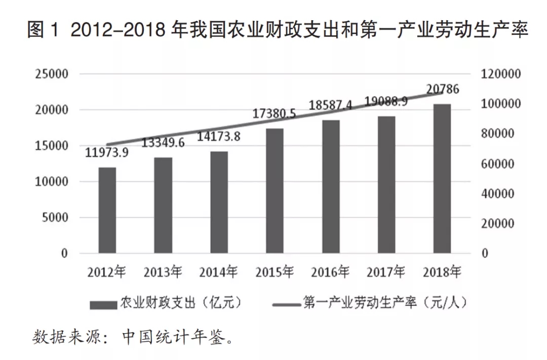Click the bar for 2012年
click(107, 210)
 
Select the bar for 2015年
click(275, 191)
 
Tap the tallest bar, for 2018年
click(442, 178)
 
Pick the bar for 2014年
click(219, 202)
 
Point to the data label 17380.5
click(275, 115)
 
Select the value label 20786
click(443, 90)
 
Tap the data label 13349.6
click(163, 143)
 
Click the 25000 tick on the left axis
click(52, 74)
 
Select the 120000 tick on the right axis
click(499, 74)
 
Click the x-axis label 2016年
click(330, 272)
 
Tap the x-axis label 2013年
click(163, 272)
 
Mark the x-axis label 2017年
click(386, 272)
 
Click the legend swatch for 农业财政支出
click(103, 304)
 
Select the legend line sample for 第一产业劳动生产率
click(286, 304)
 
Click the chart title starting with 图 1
click(278, 31)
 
